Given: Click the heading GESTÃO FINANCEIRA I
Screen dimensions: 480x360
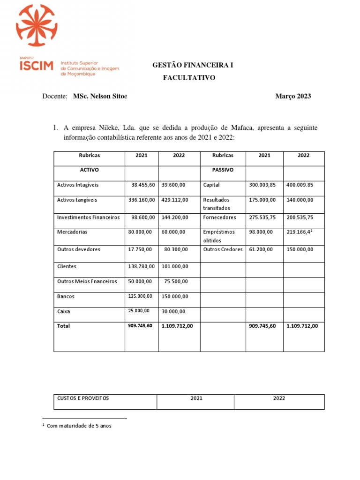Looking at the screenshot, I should [193, 65].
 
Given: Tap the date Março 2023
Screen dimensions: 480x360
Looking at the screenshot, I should [293, 96].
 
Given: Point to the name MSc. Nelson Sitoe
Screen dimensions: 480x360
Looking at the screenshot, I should [100, 96].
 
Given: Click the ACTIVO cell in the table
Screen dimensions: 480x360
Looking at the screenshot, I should [89, 170].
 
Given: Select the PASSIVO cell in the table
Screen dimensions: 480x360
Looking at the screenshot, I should [223, 170].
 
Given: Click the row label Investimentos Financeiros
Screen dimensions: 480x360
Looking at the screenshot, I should [88, 217].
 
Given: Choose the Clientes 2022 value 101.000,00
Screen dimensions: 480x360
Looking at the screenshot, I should [174, 267].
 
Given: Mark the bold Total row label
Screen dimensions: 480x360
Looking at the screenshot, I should [64, 326].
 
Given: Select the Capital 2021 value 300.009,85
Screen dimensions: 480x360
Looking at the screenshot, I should [262, 185].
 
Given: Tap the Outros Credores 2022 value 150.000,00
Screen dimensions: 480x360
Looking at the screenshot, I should [300, 249].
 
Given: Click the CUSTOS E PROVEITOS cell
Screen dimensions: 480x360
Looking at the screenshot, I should [83, 398].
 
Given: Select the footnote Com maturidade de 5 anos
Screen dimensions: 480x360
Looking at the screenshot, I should [79, 426].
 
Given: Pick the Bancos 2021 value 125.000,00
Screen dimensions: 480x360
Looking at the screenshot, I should [140, 296].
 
